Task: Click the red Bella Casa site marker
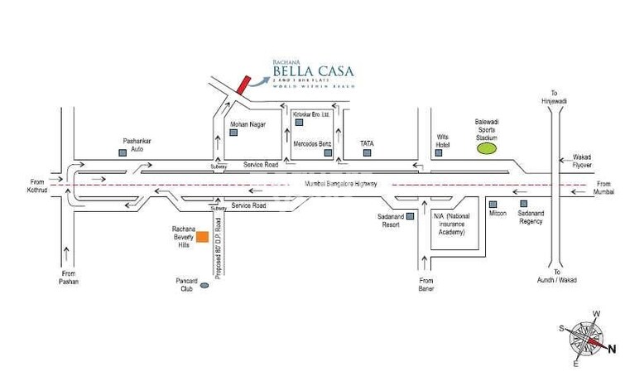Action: coord(240,82)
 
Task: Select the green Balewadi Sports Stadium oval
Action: coord(487,148)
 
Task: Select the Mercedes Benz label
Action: coord(313,144)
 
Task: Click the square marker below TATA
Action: coord(368,154)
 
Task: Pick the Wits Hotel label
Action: coord(443,141)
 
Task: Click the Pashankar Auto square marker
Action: coord(121,153)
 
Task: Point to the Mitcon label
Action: coord(498,213)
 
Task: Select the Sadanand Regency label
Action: coord(531,217)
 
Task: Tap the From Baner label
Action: coord(427,286)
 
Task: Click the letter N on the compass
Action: coord(613,349)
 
